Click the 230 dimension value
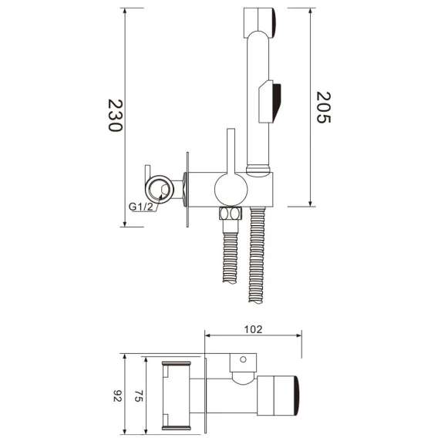tap(116, 115)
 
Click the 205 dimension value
tap(323, 107)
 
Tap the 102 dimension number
tap(254, 329)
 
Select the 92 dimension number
tap(118, 396)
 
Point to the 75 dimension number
tap(139, 396)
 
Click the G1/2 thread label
tap(141, 207)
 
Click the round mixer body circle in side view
tap(231, 189)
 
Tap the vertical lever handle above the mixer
tap(231, 151)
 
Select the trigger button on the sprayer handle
tap(270, 102)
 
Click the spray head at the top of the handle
tap(260, 23)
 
